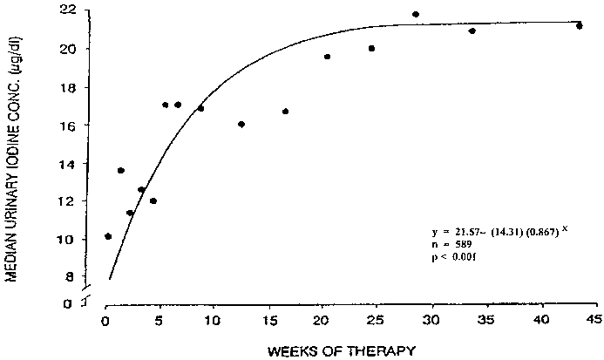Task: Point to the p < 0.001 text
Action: coord(455,259)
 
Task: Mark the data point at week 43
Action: coord(579,26)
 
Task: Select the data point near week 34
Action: coord(472,31)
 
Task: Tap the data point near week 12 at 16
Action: coord(241,125)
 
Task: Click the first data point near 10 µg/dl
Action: coord(107,236)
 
